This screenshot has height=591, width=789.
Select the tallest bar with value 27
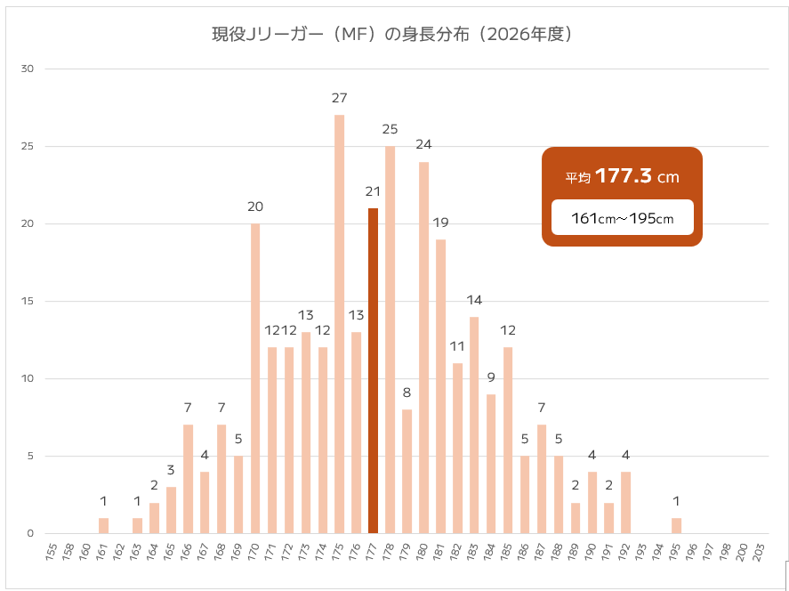tap(339, 324)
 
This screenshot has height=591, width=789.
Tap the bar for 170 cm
tap(255, 378)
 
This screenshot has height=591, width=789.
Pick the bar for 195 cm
tap(676, 526)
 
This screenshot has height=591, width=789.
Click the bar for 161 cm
tap(103, 526)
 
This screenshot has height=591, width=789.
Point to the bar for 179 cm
tap(407, 471)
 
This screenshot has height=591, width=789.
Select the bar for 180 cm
tap(423, 347)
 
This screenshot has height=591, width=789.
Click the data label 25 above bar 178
tap(390, 129)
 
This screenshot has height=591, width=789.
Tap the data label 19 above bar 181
tap(440, 222)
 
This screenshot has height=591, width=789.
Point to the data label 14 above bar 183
tap(474, 300)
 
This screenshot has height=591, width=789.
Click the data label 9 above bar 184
tap(491, 377)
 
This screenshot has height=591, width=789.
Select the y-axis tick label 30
tap(28, 69)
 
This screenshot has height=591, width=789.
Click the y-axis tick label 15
tap(28, 301)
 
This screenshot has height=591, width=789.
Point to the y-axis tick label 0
tap(30, 534)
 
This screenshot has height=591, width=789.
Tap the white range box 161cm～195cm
tap(622, 218)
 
